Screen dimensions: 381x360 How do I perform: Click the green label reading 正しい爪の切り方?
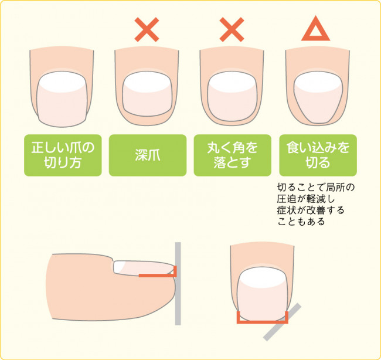63,155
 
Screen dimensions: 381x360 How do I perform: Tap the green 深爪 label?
148,155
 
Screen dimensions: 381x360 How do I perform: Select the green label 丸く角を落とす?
232,155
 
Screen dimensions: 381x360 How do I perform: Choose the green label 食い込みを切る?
318,155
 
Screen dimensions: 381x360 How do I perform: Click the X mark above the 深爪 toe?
147,29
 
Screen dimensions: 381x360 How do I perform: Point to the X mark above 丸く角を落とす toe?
232,29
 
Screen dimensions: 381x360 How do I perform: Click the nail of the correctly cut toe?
62,99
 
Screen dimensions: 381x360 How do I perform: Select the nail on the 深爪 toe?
147,94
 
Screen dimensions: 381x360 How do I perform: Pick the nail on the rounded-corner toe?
232,96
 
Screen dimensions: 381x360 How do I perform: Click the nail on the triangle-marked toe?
318,97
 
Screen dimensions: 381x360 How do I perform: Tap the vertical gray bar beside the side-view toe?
178,283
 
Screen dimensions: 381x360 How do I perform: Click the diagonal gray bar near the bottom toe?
283,322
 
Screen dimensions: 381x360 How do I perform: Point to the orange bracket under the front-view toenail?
263,322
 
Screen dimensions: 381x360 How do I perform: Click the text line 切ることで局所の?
315,188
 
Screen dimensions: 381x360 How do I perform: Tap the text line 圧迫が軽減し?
306,199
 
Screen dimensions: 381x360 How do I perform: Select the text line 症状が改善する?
311,210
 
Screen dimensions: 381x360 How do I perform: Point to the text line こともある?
301,222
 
